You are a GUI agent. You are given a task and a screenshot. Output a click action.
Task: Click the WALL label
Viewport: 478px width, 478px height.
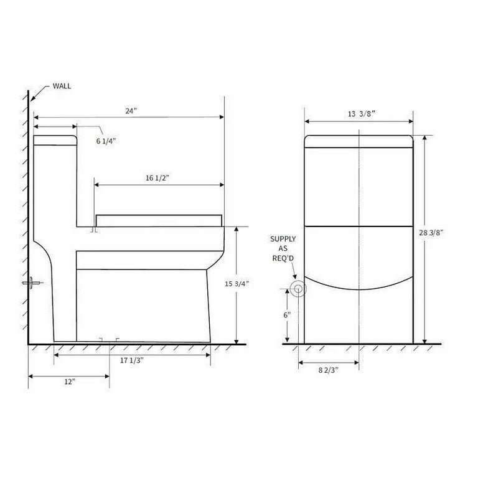tap(62, 86)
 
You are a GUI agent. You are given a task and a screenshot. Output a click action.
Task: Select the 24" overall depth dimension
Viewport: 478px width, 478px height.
tap(130, 111)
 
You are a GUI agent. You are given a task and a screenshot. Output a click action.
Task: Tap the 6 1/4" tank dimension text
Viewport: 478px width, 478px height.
tap(106, 141)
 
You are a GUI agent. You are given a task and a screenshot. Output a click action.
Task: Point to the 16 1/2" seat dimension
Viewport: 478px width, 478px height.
tap(157, 178)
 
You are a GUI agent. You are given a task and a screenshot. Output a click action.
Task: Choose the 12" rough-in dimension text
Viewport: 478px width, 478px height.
tap(69, 382)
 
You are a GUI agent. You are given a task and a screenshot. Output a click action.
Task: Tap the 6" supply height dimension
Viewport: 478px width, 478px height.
tap(287, 315)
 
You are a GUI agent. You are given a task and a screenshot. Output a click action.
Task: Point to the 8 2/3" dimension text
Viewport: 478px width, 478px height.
tap(329, 370)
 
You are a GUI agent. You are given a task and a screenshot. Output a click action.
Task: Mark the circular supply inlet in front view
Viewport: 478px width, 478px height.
tap(298, 288)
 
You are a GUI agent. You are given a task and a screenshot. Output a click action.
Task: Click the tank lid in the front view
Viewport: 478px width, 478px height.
tap(358, 141)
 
